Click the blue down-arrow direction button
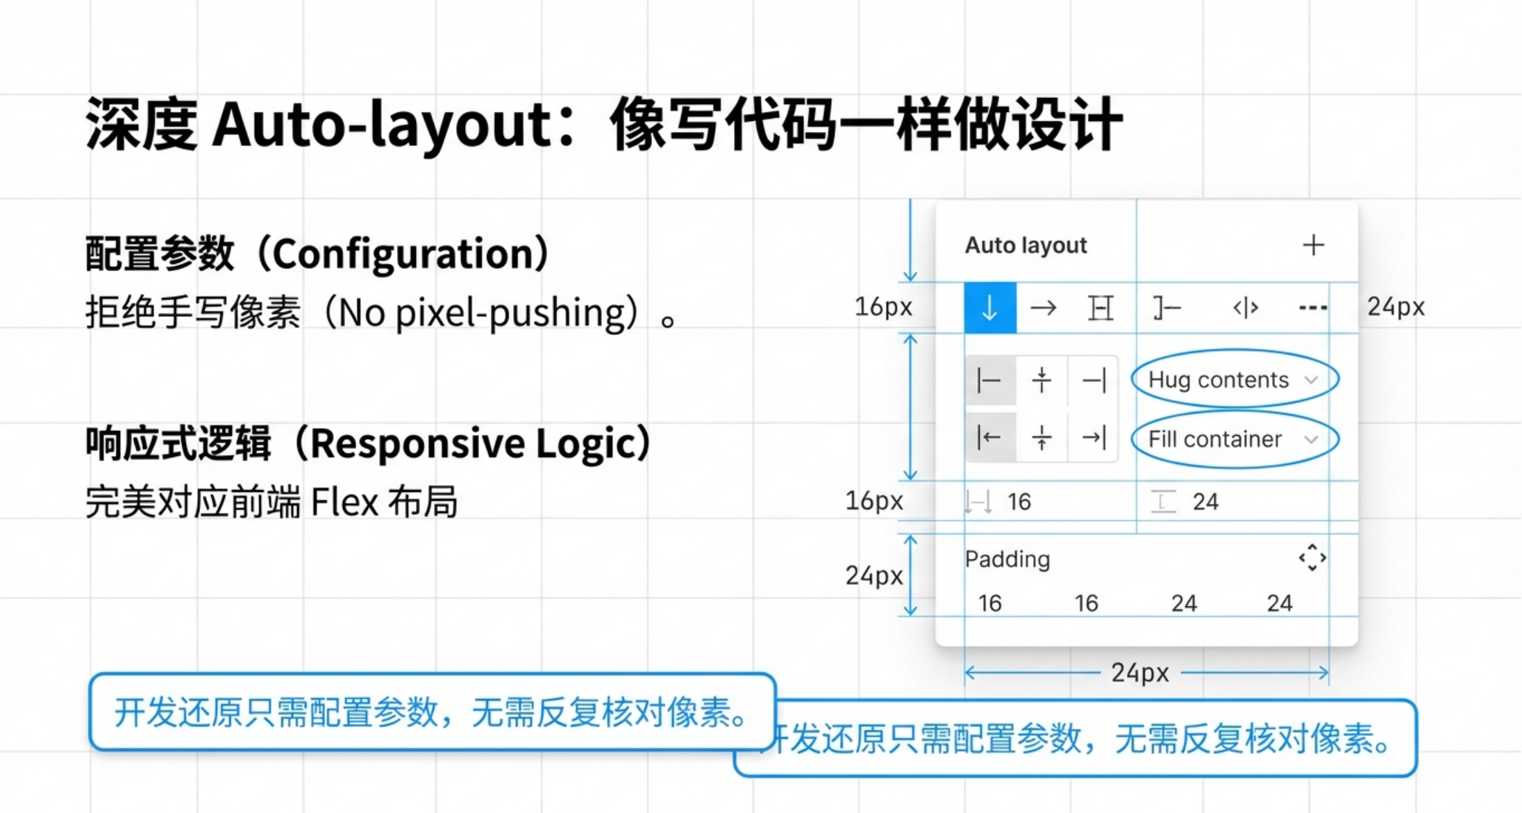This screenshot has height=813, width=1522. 989,308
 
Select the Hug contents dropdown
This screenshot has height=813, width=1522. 1234,379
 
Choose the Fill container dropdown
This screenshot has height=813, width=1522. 1234,439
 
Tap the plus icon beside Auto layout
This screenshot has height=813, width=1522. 1312,245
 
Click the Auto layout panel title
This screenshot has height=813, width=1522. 1026,245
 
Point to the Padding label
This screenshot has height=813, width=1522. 1007,559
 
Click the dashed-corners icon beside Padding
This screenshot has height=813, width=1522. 1312,558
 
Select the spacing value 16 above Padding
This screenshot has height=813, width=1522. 1019,502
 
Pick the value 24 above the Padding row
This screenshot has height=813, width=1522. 1205,502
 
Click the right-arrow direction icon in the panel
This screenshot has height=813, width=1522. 1043,308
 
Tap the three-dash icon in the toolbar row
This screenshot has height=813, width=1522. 1312,308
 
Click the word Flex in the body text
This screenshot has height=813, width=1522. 344,502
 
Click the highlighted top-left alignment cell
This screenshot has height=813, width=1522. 989,381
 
